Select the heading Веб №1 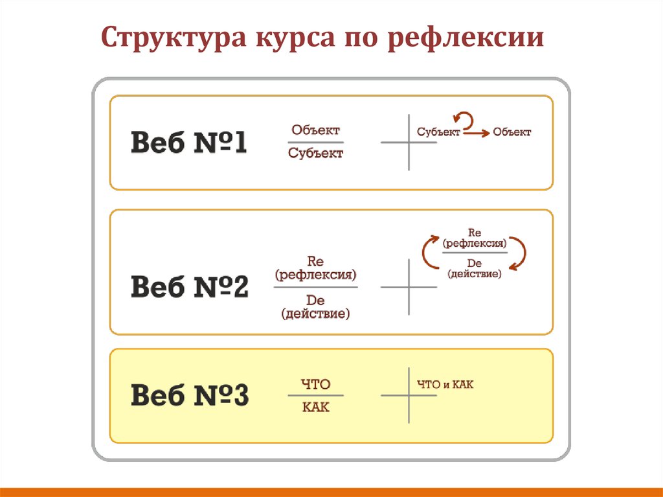pos(189,143)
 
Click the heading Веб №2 pos(190,287)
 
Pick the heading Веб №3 pos(190,395)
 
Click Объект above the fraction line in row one pos(315,130)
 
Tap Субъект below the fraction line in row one pos(315,154)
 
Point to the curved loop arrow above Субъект pos(465,119)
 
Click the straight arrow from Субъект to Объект pos(475,133)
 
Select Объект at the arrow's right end pos(511,132)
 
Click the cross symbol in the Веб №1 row pos(409,143)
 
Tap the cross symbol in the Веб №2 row pos(409,286)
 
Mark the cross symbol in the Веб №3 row pos(409,395)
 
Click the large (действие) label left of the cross pos(315,314)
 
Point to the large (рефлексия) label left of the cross pos(315,275)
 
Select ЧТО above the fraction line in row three pos(315,385)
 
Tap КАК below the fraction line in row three pos(315,408)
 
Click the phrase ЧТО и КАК pos(445,385)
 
